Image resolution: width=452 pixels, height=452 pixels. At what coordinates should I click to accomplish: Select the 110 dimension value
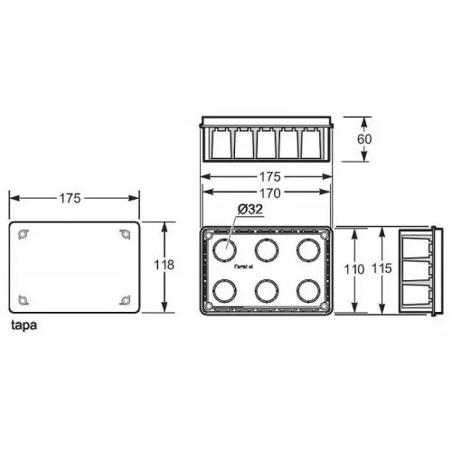click(354, 269)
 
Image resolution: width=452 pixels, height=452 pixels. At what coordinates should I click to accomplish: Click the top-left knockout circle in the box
click(223, 250)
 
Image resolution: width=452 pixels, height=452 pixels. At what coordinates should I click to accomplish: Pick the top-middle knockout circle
click(265, 250)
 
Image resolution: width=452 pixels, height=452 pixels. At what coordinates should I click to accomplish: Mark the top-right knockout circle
click(307, 250)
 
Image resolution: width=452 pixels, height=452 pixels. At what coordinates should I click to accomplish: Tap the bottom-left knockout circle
click(223, 290)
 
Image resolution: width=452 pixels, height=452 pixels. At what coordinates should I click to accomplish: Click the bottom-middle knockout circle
click(265, 290)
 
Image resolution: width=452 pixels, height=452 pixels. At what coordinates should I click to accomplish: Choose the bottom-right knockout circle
click(307, 290)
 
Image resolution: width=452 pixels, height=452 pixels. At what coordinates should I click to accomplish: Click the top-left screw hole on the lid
click(24, 235)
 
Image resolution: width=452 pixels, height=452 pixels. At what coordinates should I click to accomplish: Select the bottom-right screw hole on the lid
click(125, 298)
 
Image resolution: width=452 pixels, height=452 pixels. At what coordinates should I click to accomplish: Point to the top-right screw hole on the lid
click(125, 235)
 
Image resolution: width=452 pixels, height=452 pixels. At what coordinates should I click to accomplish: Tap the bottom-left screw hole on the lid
click(24, 298)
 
